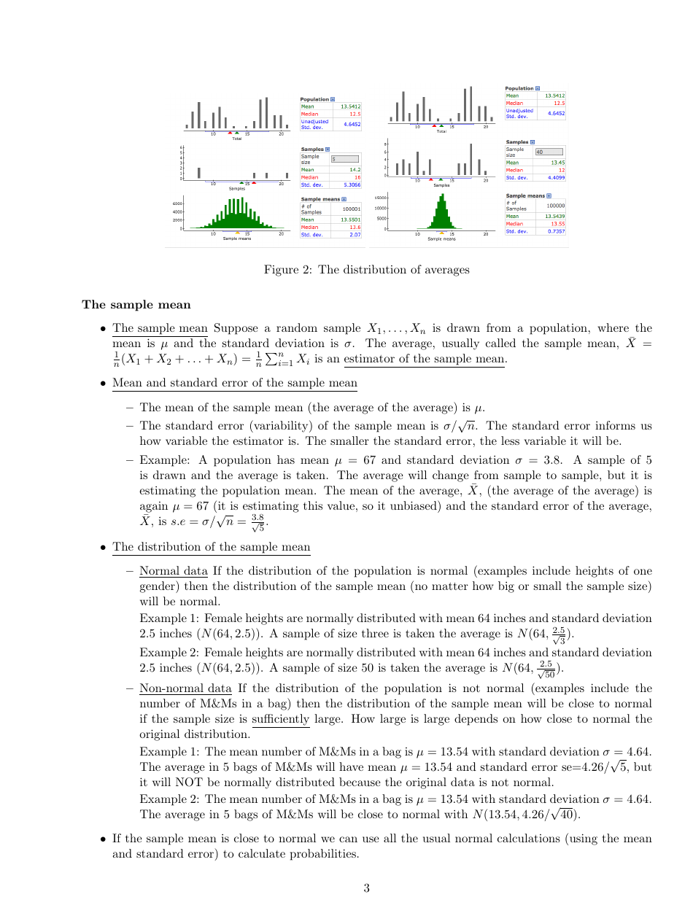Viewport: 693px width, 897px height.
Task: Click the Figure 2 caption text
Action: [x=366, y=270]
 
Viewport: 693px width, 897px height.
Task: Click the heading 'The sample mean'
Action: [x=136, y=305]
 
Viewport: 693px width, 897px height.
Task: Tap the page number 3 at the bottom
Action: [x=366, y=888]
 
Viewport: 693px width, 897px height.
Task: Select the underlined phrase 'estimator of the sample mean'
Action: [x=424, y=359]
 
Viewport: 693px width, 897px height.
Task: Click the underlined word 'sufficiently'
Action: [x=281, y=719]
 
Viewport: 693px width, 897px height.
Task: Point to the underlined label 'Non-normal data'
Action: [x=185, y=688]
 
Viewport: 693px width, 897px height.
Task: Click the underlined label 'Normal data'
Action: [x=173, y=571]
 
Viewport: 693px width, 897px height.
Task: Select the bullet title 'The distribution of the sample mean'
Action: [x=212, y=547]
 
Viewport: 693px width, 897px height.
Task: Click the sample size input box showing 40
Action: [x=549, y=152]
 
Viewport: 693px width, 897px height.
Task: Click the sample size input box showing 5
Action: [x=344, y=158]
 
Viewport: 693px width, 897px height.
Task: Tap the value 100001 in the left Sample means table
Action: [x=352, y=209]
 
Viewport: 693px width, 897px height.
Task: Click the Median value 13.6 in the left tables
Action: [x=355, y=227]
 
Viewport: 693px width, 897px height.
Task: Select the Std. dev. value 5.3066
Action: [x=351, y=185]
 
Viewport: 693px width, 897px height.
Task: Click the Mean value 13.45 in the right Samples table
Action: [x=557, y=162]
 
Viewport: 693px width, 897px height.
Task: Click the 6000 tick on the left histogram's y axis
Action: [x=177, y=203]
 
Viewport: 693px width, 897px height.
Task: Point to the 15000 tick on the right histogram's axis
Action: [x=381, y=198]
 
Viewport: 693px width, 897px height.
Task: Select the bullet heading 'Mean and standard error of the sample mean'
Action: [x=234, y=383]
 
